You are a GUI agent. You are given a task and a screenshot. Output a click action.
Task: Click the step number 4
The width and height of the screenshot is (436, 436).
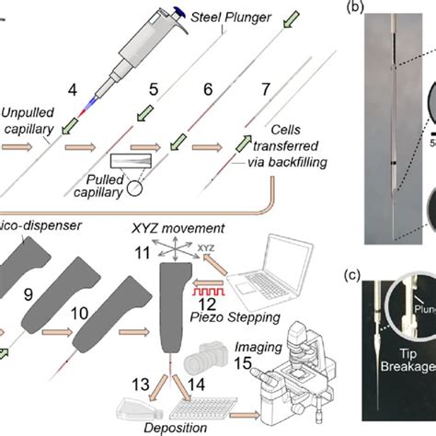[x=75, y=93]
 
